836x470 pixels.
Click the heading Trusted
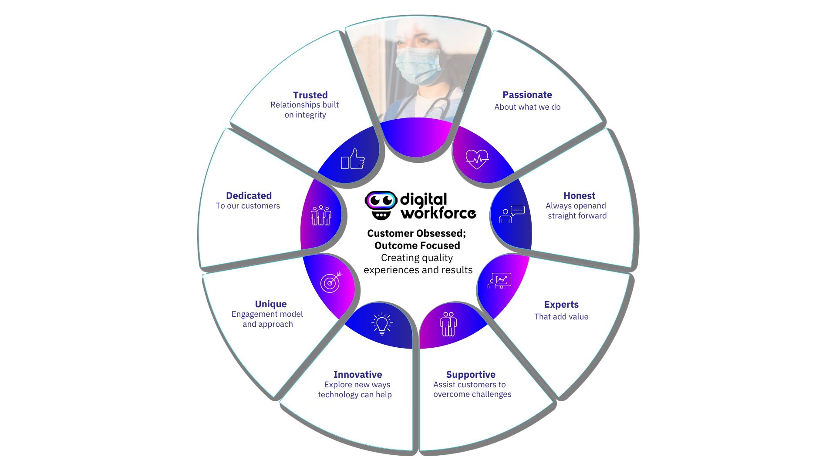click(310, 95)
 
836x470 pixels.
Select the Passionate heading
click(527, 94)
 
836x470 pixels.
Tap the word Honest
click(579, 195)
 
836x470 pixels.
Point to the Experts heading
click(561, 304)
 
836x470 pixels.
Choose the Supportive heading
click(471, 374)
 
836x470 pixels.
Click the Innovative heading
click(357, 374)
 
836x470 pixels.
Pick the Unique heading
click(271, 304)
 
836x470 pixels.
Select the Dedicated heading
click(249, 195)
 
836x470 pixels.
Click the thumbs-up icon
click(353, 159)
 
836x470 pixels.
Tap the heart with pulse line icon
click(477, 159)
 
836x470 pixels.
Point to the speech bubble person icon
click(512, 214)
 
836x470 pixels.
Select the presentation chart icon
click(499, 281)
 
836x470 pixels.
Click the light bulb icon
click(382, 324)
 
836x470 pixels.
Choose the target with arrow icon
click(331, 282)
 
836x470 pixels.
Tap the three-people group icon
click(321, 215)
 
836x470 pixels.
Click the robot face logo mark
click(381, 205)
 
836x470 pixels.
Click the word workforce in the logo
click(438, 213)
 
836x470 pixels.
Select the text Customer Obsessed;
click(416, 233)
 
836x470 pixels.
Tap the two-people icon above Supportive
click(448, 324)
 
